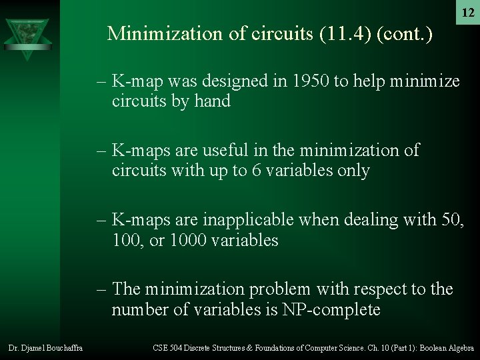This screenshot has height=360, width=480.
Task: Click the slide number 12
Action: (x=468, y=13)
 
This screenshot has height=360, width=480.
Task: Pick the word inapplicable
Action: (x=254, y=219)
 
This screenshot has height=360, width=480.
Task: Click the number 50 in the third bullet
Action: (x=448, y=219)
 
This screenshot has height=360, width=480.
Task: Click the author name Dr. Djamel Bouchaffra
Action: (x=45, y=348)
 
